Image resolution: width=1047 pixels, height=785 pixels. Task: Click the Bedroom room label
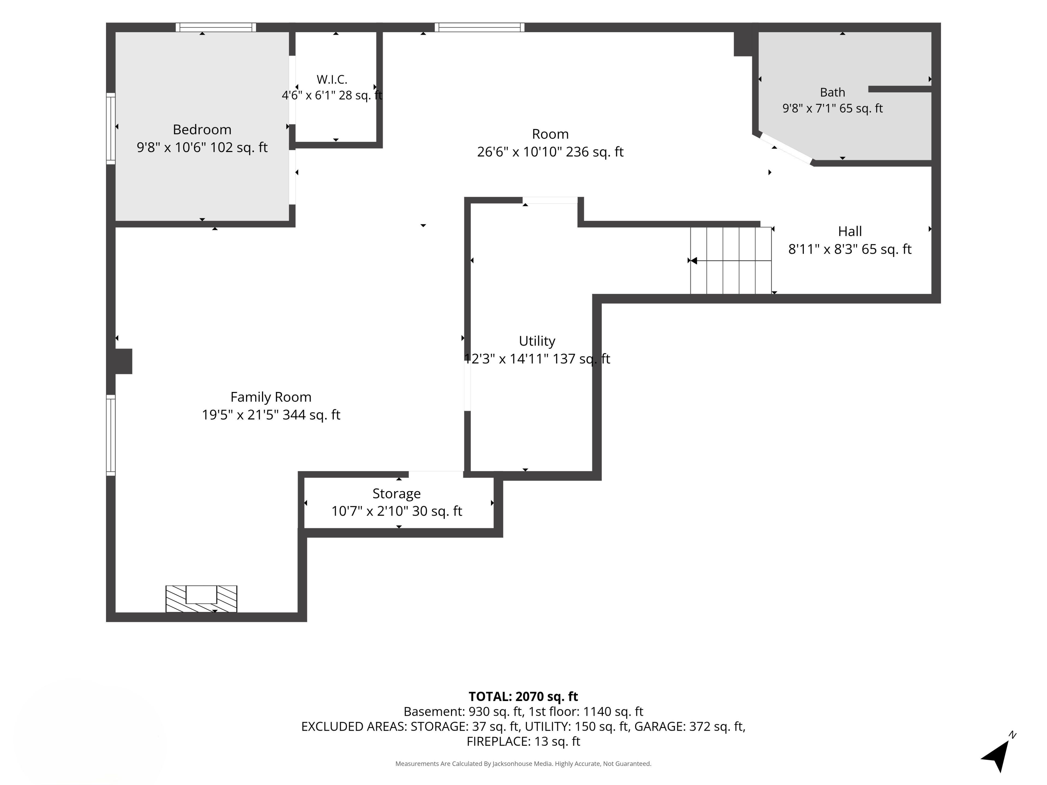tap(202, 130)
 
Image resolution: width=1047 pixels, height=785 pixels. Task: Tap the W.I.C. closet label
tap(332, 80)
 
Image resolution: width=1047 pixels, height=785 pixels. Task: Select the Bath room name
tap(833, 92)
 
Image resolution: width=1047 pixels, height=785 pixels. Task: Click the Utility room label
tap(537, 341)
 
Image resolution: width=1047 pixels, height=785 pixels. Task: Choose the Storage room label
tap(397, 494)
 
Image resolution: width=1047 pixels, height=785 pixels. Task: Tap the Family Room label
tap(271, 397)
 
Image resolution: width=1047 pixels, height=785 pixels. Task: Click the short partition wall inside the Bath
tap(900, 89)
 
